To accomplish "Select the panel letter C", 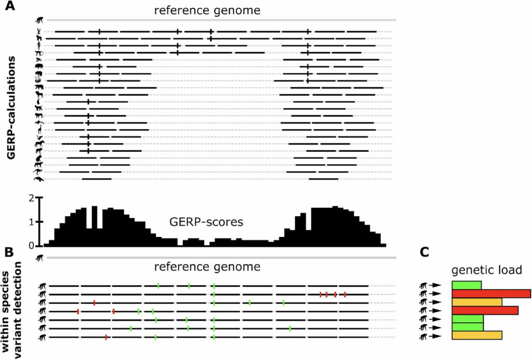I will [425, 252].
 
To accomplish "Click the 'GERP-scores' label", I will [207, 222].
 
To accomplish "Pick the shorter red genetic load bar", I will [485, 311].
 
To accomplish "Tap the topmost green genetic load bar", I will [467, 285].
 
